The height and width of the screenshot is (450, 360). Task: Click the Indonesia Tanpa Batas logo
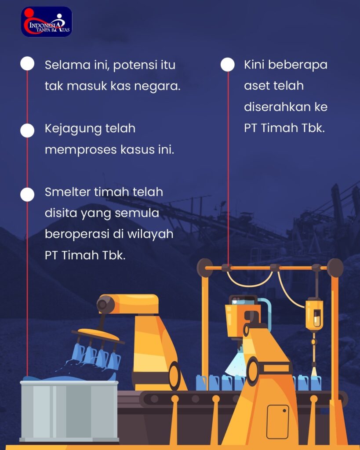[x=47, y=22]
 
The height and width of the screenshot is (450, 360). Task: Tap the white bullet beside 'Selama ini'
[x=27, y=63]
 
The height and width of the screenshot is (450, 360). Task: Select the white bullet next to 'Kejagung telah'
[x=27, y=131]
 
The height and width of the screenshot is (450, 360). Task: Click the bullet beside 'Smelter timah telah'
[x=27, y=195]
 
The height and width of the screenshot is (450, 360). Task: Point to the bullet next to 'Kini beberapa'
[x=228, y=64]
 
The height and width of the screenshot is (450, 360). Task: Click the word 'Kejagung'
[x=73, y=129]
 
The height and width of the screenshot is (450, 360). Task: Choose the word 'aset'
[x=255, y=86]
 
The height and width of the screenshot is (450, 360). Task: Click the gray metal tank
[x=69, y=411]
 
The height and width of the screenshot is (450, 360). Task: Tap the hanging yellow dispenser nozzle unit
[x=314, y=316]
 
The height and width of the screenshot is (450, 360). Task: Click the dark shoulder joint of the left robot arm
[x=102, y=305]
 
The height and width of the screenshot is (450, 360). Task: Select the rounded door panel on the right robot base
[x=278, y=421]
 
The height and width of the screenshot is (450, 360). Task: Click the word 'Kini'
[x=254, y=65]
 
